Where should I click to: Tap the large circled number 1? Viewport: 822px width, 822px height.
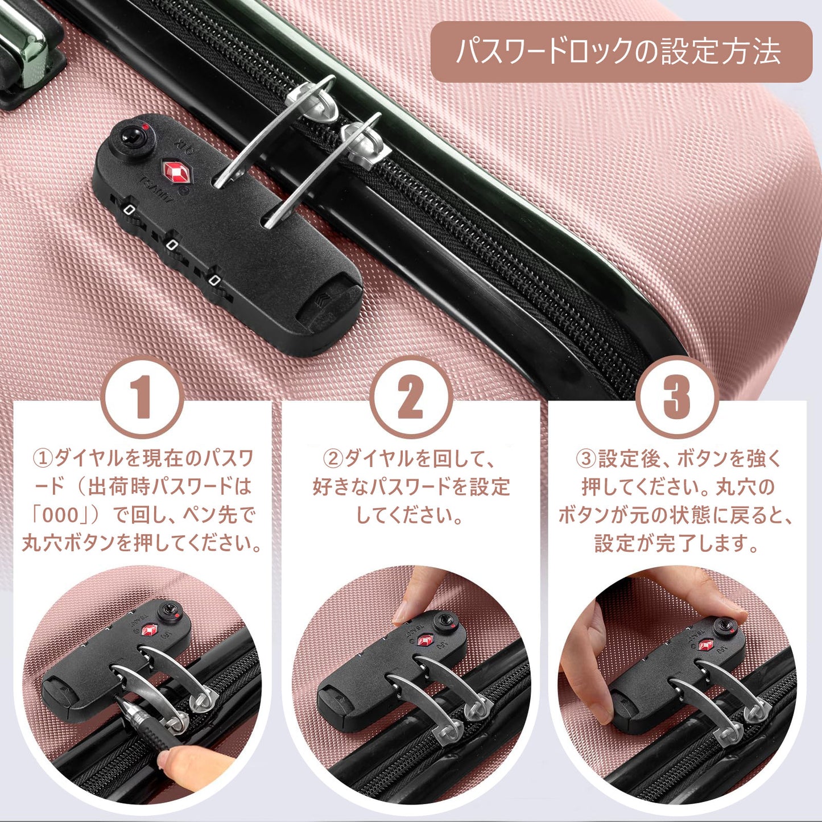(144, 396)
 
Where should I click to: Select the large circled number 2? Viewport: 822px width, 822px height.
(410, 396)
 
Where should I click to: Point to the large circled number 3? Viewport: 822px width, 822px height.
(676, 396)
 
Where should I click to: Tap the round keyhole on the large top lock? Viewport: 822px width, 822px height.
(129, 137)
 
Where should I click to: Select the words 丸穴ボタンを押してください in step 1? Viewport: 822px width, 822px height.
(141, 543)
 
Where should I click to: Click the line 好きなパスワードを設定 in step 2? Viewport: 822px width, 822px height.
(411, 487)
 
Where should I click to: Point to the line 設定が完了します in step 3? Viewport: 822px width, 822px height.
(676, 543)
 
